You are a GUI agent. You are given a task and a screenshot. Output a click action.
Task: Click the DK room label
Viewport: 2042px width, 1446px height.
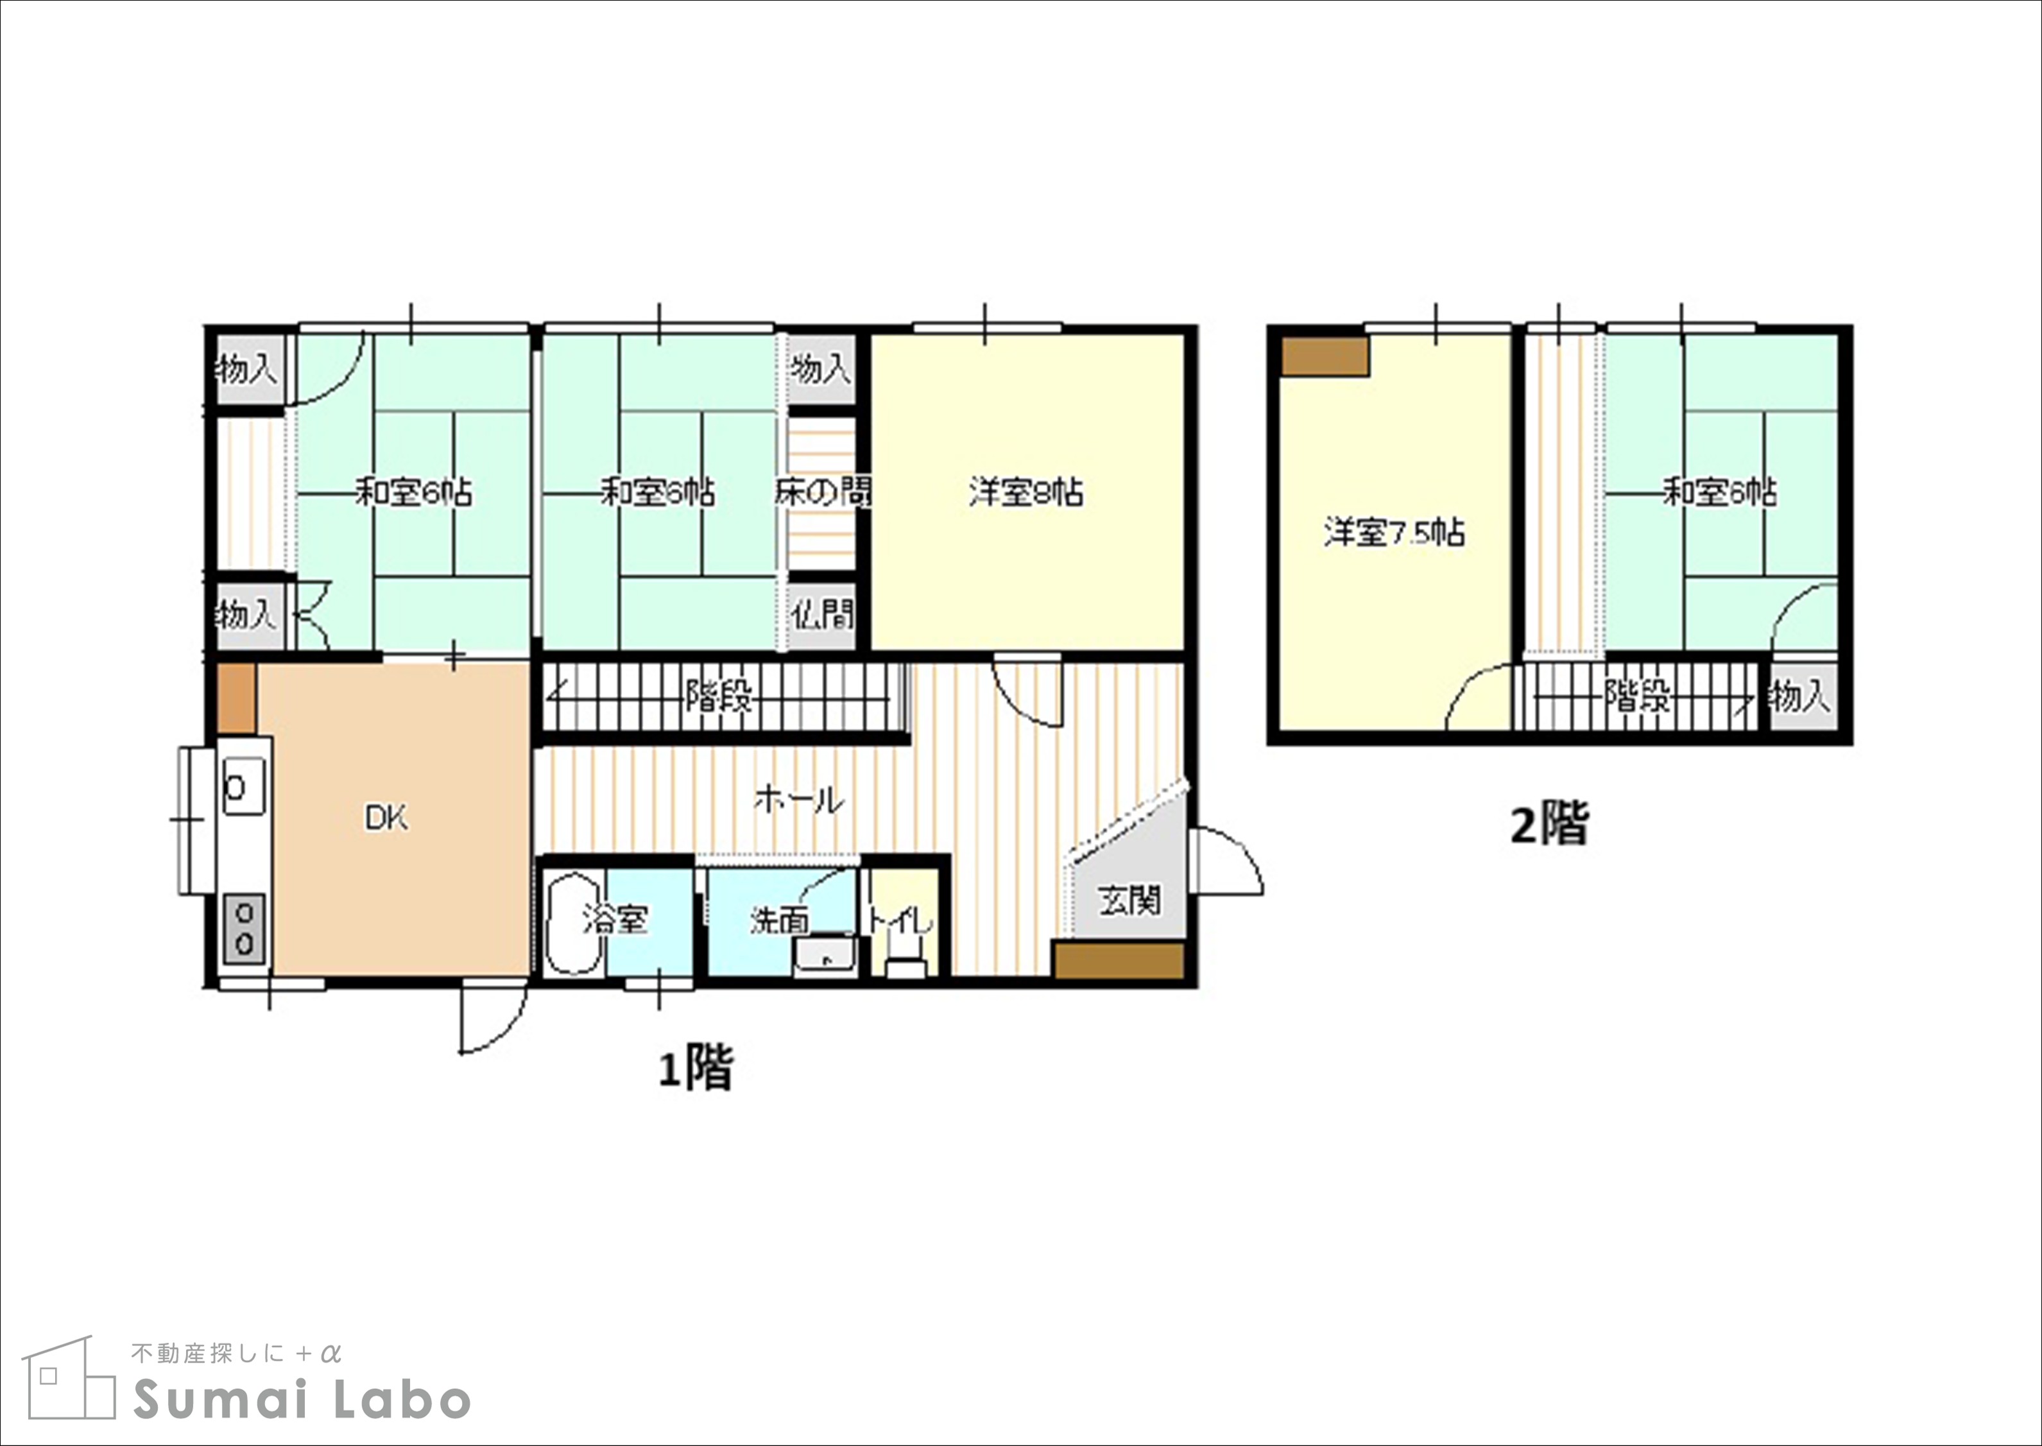[x=386, y=818]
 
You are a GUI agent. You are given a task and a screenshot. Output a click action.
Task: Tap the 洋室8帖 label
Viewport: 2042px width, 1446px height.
[x=1026, y=492]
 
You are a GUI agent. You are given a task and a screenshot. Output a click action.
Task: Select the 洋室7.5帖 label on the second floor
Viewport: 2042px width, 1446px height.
[x=1394, y=533]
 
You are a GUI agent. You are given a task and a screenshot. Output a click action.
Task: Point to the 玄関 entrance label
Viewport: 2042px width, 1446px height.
[x=1129, y=900]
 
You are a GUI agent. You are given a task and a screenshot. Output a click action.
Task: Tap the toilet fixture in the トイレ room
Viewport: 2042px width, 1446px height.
[x=906, y=966]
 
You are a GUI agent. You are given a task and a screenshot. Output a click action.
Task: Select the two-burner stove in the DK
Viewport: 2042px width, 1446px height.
[x=245, y=927]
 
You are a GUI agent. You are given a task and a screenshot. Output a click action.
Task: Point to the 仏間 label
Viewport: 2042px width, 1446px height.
[x=823, y=614]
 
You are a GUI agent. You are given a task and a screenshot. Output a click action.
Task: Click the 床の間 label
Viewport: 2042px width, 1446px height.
[x=823, y=492]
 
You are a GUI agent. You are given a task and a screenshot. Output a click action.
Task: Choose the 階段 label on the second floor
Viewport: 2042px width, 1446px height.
[x=1637, y=696]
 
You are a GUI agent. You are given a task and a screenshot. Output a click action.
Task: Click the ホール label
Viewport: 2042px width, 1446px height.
[x=798, y=800]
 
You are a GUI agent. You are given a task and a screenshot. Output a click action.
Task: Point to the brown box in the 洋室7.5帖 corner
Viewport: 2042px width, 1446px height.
[x=1324, y=356]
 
